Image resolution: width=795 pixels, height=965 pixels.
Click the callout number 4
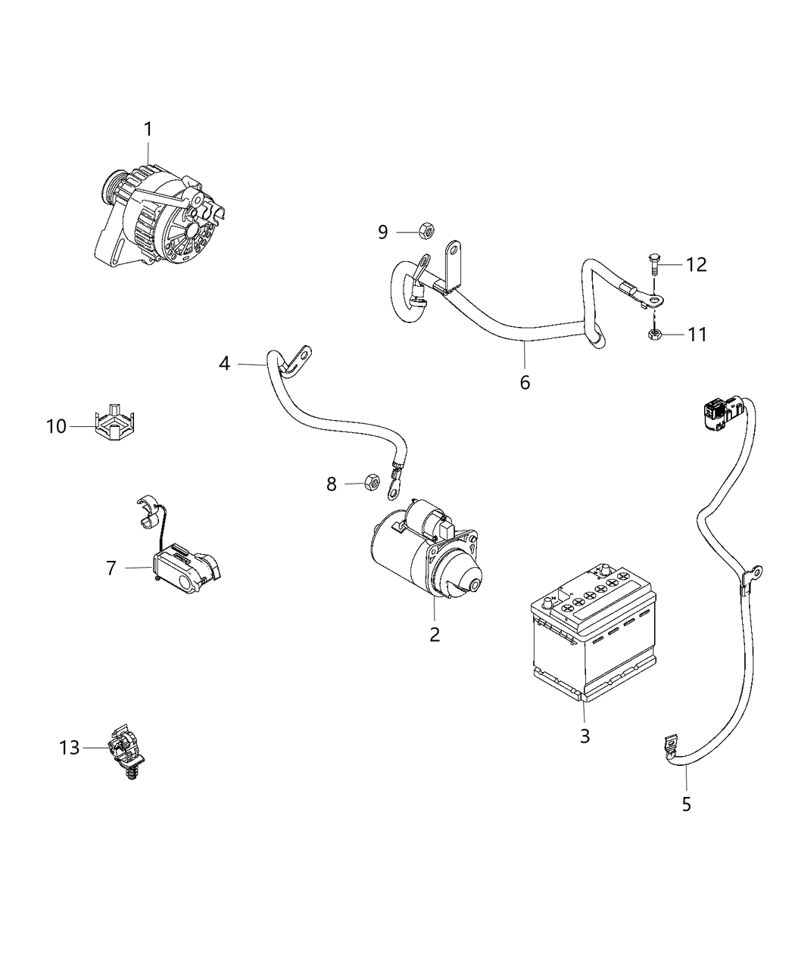coord(224,364)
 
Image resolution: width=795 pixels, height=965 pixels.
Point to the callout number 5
coord(686,804)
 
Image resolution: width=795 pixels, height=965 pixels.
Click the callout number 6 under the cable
coord(525,382)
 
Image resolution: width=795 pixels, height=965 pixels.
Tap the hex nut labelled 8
coord(371,481)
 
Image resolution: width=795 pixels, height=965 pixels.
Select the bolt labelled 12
coord(655,266)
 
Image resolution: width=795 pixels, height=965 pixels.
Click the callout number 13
coord(69,748)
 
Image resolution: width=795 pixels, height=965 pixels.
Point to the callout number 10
coord(56,427)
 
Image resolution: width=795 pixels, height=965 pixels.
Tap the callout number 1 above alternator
coord(148,129)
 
